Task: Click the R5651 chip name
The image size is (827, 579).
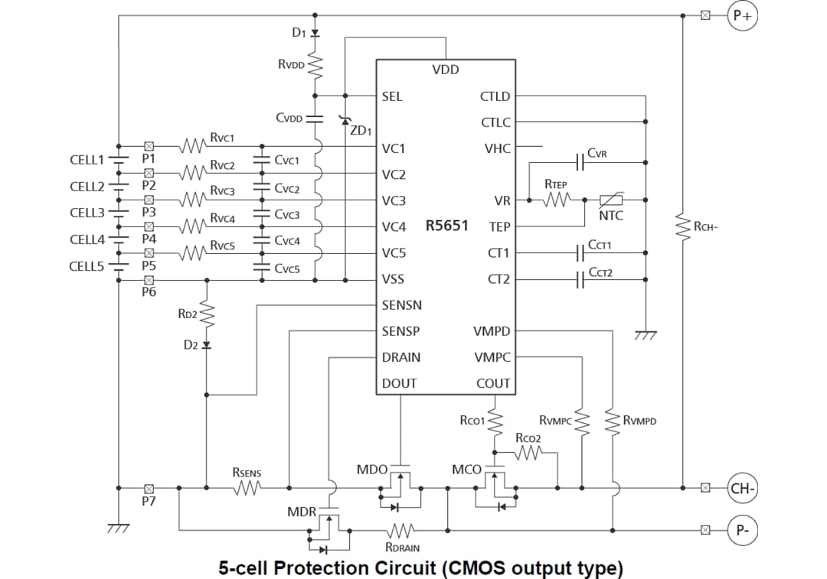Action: click(446, 226)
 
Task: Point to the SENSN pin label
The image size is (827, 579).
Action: click(401, 305)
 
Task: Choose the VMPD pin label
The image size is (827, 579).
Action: click(492, 331)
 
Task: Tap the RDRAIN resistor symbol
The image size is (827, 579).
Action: click(401, 529)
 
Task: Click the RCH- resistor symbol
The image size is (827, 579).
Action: click(682, 226)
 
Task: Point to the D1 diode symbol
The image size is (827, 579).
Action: click(315, 33)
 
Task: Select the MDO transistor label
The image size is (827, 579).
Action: click(372, 469)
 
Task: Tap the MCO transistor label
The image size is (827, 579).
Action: click(466, 469)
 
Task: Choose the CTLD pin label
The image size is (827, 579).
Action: click(495, 96)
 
